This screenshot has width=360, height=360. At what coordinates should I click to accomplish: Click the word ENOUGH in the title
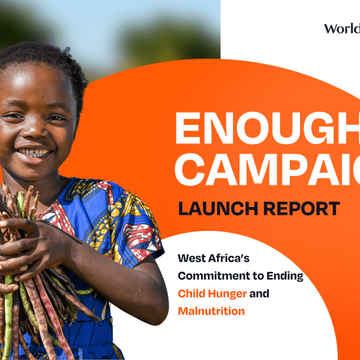(267, 128)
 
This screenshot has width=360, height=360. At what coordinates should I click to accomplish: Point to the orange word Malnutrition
(211, 311)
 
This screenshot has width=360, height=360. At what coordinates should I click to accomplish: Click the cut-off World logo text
(341, 28)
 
